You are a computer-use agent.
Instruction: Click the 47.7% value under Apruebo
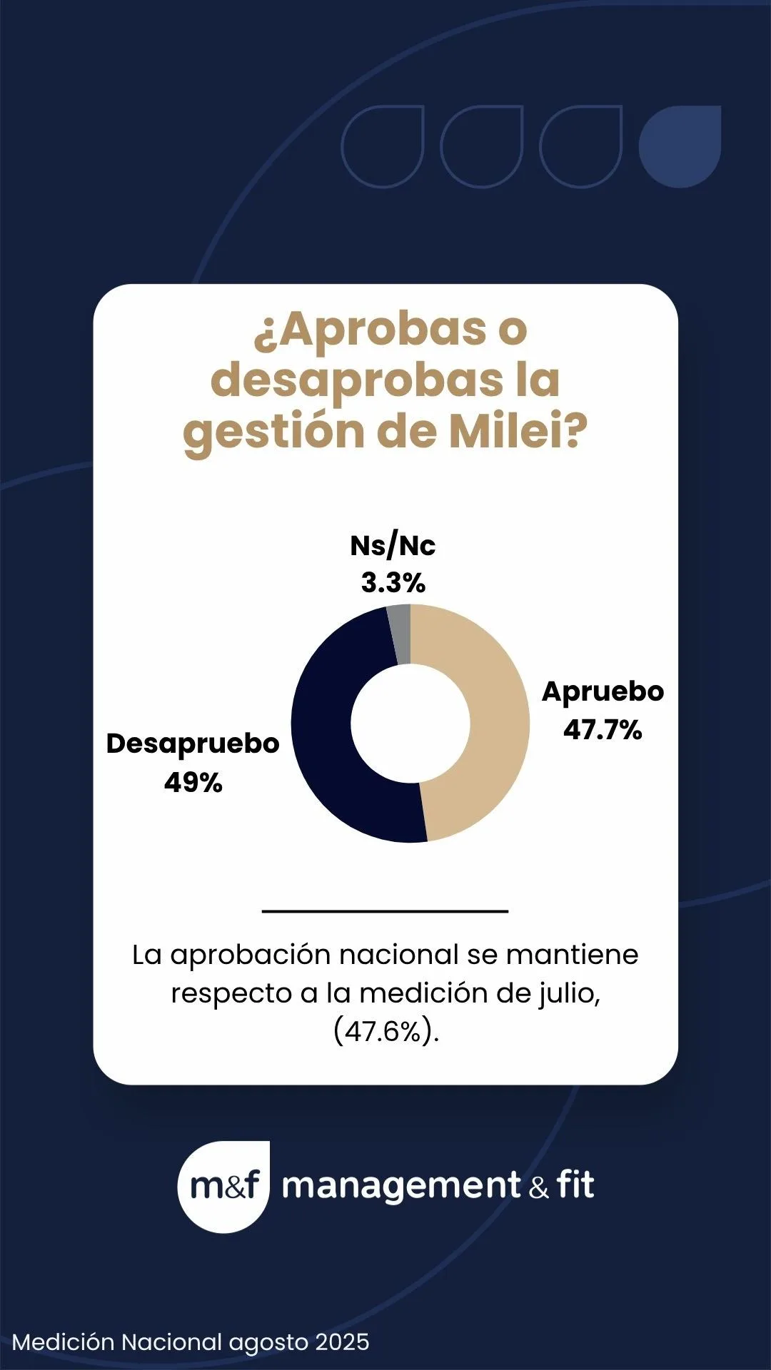(603, 730)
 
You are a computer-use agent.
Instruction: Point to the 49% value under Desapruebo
(193, 783)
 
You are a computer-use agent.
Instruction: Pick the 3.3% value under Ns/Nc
(393, 583)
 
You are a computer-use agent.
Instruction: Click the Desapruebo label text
(193, 744)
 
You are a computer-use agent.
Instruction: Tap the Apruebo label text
(603, 691)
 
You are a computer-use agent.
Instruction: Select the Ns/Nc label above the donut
(393, 546)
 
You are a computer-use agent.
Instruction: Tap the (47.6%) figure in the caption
(385, 1031)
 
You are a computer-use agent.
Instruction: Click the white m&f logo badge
(223, 1186)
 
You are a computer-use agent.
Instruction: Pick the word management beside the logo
(401, 1186)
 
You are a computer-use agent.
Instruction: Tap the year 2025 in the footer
(342, 1342)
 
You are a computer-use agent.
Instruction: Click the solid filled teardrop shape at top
(680, 146)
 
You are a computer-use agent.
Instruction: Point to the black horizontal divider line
(385, 911)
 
